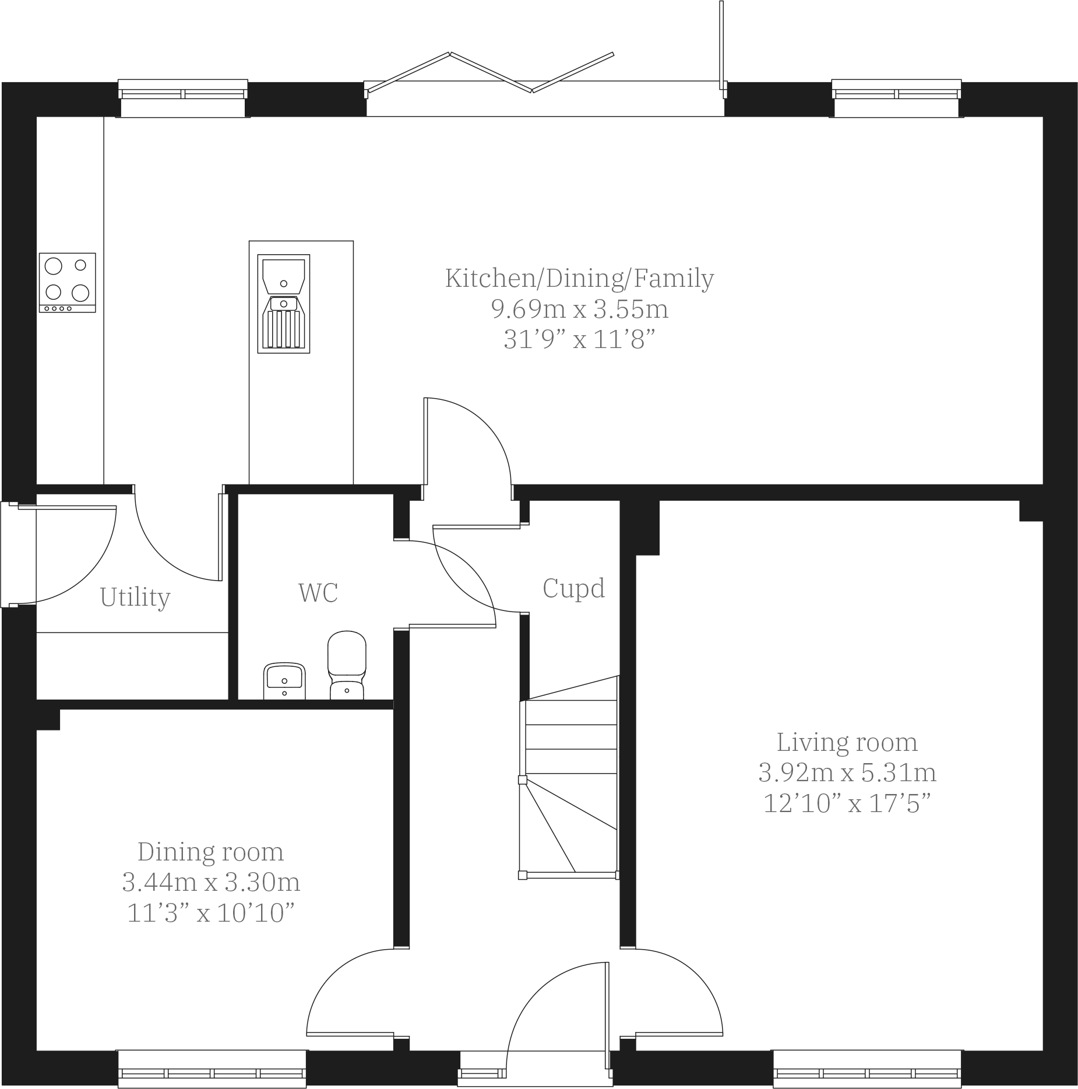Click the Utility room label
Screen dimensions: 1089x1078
[x=135, y=598]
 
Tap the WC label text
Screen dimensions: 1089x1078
[x=318, y=593]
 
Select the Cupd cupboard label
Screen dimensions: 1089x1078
[x=573, y=588]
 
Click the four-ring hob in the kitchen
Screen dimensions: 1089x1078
[x=67, y=282]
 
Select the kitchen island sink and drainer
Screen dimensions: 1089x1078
[x=284, y=304]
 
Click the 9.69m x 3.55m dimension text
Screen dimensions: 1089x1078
[x=579, y=309]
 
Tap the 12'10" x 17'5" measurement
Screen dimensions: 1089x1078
[x=847, y=804]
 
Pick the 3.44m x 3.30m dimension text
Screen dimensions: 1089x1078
[x=211, y=883]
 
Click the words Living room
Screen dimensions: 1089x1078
[x=847, y=743]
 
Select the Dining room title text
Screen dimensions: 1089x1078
[x=210, y=852]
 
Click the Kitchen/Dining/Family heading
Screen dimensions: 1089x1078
[x=579, y=278]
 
